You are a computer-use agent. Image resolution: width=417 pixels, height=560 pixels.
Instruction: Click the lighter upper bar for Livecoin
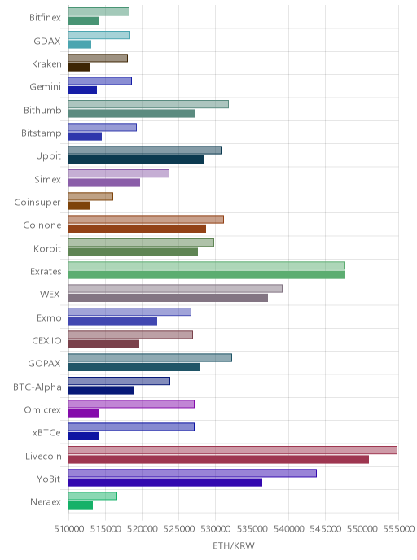pos(233,450)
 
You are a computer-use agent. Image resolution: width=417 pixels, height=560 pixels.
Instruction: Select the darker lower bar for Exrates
pos(207,274)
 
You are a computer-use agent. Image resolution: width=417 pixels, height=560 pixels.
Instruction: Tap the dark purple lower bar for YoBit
pos(165,483)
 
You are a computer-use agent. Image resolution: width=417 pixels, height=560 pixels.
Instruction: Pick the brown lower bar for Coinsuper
pos(79,206)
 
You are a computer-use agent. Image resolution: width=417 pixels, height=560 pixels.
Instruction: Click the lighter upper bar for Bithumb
pos(149,104)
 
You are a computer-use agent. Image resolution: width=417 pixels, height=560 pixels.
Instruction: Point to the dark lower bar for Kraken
pos(79,67)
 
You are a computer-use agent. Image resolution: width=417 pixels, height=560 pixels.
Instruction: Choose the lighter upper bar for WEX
pos(175,289)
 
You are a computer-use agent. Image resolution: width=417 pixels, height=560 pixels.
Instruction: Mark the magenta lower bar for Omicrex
pos(83,413)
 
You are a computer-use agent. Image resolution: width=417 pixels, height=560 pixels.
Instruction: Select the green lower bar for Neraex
pos(81,505)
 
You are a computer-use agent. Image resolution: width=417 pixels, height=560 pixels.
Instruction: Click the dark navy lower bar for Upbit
pos(137,160)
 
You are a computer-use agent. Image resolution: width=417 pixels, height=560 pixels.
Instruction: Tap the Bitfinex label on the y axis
pos(45,18)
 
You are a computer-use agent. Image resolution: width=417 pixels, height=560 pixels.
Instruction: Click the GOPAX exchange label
pos(44,364)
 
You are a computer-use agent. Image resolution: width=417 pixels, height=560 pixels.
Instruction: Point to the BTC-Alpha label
pos(37,387)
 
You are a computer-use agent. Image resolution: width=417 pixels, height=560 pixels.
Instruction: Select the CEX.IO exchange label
pos(46,341)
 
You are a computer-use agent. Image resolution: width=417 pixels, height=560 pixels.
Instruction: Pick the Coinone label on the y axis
pos(42,225)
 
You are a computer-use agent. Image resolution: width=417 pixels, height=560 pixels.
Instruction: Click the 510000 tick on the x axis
pos(68,528)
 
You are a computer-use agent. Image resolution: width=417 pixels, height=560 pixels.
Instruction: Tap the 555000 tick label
pos(398,528)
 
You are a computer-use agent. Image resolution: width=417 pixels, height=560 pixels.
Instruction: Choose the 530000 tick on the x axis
pos(215,528)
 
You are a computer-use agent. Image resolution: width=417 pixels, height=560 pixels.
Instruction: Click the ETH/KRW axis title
pos(234,545)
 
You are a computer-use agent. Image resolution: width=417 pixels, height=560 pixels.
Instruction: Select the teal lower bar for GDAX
pos(80,44)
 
